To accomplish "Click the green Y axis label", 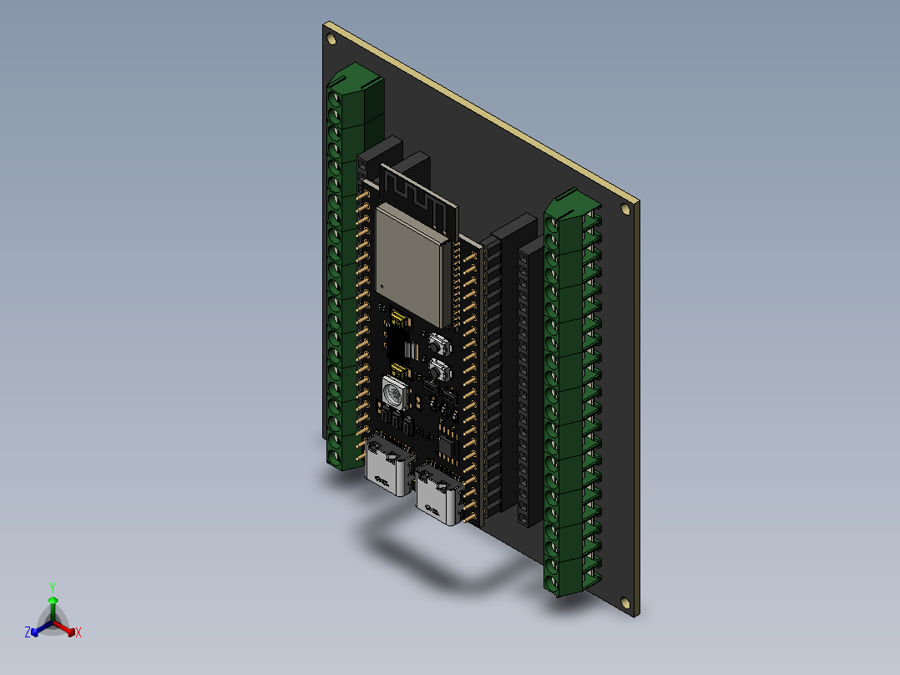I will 52,586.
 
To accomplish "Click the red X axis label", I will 78,632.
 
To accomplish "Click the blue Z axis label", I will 28,632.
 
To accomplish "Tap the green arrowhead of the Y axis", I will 52,601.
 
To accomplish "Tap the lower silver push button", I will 438,368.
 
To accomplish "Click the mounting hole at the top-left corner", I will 332,37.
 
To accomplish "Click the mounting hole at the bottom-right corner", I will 624,602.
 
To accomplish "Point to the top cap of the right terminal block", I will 571,206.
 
